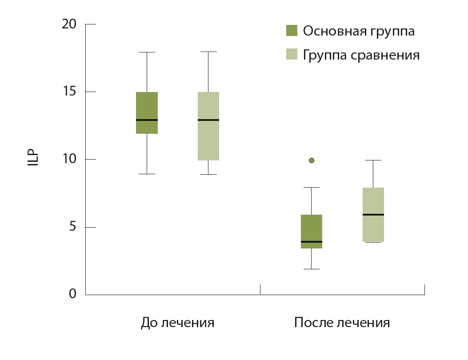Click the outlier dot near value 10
click(x=312, y=160)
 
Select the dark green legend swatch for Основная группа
click(x=291, y=31)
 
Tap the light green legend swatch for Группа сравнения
click(x=291, y=55)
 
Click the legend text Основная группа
click(x=359, y=31)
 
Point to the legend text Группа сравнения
click(x=361, y=55)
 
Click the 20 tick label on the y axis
click(x=69, y=24)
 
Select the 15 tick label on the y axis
click(x=69, y=92)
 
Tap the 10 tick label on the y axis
click(x=69, y=160)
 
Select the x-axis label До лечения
click(x=177, y=323)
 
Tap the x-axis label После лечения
click(x=342, y=323)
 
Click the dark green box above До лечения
click(x=147, y=107)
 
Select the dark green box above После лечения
click(x=312, y=229)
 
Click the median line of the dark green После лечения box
click(x=312, y=242)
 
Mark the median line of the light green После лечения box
click(x=373, y=215)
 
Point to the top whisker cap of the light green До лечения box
click(x=208, y=52)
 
